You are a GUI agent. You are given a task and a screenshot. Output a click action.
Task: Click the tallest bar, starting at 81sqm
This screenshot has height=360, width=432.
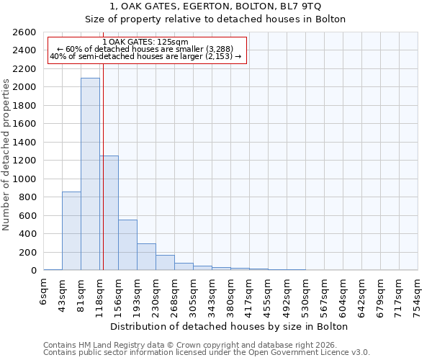[x=90, y=174]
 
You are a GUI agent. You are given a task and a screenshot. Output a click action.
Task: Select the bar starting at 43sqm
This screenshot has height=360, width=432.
[x=71, y=230]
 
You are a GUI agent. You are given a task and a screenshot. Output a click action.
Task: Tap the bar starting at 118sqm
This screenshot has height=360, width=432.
[x=109, y=213]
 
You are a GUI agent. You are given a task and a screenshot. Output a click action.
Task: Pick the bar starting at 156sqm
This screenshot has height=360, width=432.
[x=127, y=245]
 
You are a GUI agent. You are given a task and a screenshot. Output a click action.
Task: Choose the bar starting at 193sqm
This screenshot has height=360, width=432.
[x=146, y=257]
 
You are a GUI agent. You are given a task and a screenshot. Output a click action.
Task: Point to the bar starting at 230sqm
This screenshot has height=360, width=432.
[x=165, y=263]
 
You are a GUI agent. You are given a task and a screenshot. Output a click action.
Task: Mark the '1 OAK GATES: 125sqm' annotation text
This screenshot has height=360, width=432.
[x=145, y=42]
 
